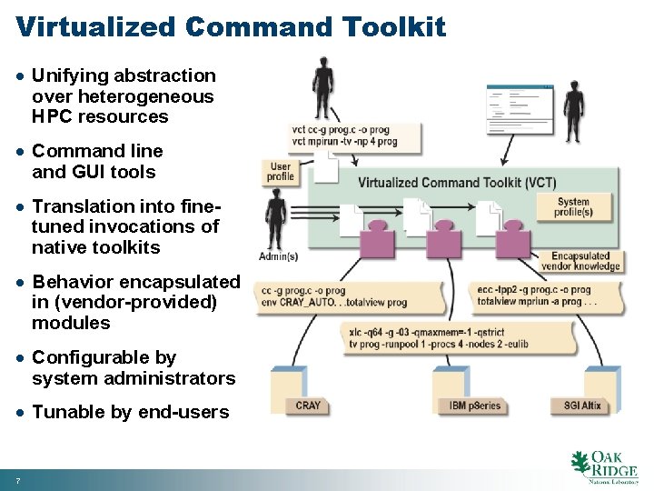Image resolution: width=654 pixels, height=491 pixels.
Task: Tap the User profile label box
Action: [281, 171]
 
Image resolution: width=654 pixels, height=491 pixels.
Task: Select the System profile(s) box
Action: [574, 206]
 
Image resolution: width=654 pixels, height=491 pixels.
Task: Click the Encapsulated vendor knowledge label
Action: [585, 261]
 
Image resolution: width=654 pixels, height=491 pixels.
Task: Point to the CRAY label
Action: [308, 406]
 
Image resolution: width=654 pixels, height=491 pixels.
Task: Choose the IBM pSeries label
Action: [475, 406]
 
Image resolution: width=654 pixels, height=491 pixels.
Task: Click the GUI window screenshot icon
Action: [519, 106]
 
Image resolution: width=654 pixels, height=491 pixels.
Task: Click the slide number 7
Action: [18, 479]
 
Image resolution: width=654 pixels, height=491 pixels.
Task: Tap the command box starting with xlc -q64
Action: [460, 339]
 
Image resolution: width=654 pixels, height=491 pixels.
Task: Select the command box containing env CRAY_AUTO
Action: [347, 296]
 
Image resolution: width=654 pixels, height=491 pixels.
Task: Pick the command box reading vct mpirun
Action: [355, 136]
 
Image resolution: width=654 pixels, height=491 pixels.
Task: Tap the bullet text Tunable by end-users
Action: [130, 412]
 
